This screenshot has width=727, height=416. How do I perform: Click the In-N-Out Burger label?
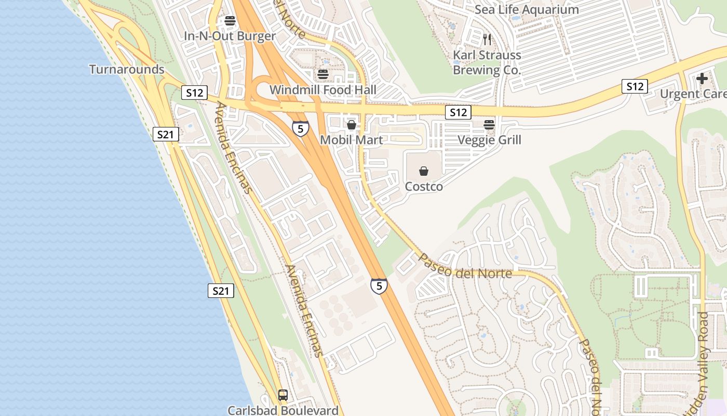pyautogui.click(x=230, y=36)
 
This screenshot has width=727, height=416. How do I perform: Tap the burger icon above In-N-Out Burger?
pyautogui.click(x=230, y=21)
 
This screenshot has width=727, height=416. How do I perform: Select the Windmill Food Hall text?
pyautogui.click(x=322, y=89)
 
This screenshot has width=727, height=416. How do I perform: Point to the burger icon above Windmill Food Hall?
pyautogui.click(x=323, y=74)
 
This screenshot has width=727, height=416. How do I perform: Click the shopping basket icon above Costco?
pyautogui.click(x=424, y=171)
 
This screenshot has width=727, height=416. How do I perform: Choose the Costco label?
pyautogui.click(x=424, y=186)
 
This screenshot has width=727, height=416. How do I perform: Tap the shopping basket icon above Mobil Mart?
pyautogui.click(x=352, y=125)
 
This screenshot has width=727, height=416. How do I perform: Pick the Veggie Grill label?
pyautogui.click(x=489, y=139)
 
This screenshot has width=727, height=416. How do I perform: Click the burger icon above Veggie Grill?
pyautogui.click(x=489, y=125)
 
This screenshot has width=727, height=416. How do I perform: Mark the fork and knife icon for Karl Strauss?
pyautogui.click(x=487, y=40)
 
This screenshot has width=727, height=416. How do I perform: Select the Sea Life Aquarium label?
pyautogui.click(x=527, y=9)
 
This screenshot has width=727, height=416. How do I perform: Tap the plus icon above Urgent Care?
pyautogui.click(x=702, y=79)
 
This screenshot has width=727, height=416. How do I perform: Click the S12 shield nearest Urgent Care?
pyautogui.click(x=635, y=87)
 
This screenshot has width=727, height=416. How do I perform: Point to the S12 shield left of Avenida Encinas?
pyautogui.click(x=194, y=93)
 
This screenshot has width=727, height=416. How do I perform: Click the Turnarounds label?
pyautogui.click(x=127, y=69)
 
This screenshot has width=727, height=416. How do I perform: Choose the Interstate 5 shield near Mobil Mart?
pyautogui.click(x=300, y=128)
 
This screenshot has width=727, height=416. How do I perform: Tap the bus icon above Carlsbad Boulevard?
pyautogui.click(x=283, y=395)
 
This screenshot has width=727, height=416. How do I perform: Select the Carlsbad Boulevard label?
pyautogui.click(x=283, y=410)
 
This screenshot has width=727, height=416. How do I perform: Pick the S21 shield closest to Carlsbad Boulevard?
pyautogui.click(x=221, y=291)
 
